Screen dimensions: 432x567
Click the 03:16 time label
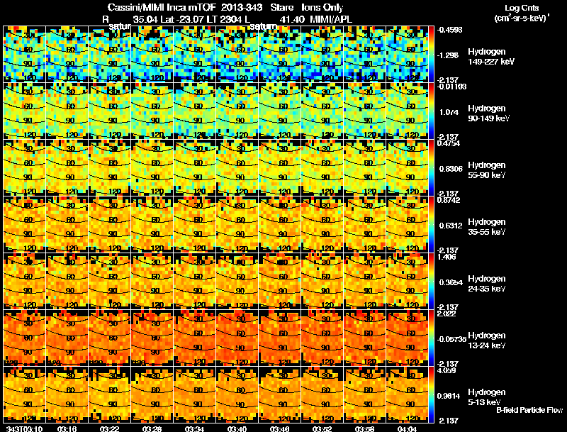click(67, 428)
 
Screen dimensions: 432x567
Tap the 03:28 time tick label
click(153, 428)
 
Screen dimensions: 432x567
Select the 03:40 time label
click(238, 428)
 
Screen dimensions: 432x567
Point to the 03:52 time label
click(323, 428)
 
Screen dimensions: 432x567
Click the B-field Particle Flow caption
click(529, 410)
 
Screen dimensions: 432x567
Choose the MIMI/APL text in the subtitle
click(330, 18)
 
